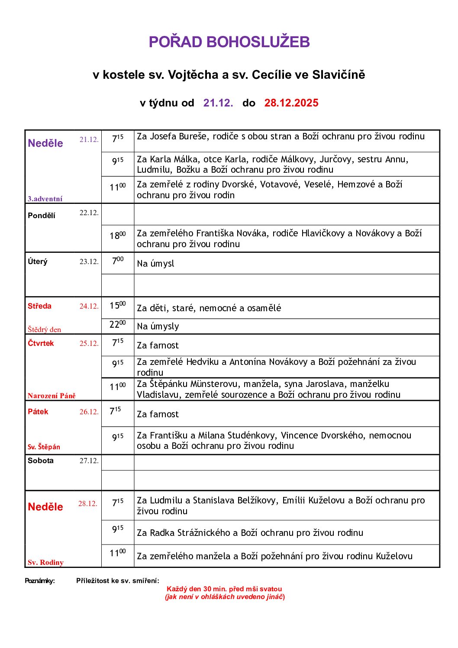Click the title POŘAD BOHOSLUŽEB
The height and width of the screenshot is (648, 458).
pos(229,42)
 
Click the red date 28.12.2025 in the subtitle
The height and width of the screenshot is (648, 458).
pos(291,103)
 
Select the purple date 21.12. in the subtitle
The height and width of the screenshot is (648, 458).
pos(218,103)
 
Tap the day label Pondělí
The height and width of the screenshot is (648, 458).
pos(42,216)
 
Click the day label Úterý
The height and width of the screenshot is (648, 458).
pos(38,261)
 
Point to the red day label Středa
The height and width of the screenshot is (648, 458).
pos(39,306)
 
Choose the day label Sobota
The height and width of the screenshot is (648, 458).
pos(41,461)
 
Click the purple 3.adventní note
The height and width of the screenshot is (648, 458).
pos(45,199)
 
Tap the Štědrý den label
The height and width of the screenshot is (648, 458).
pos(44,329)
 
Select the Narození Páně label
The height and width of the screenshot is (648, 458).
pos(52,396)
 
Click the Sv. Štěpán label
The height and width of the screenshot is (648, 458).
pos(44,447)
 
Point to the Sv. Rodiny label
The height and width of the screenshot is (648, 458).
pos(45,563)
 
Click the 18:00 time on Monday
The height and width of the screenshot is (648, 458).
pos(118,235)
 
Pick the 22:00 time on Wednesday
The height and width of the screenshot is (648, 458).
pos(118,324)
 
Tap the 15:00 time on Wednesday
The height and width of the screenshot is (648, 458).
pos(118,306)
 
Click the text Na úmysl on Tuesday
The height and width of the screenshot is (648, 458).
pos(155,264)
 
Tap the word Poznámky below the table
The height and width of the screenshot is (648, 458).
pos(40,581)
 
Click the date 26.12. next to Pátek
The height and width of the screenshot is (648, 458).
pos(89,412)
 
